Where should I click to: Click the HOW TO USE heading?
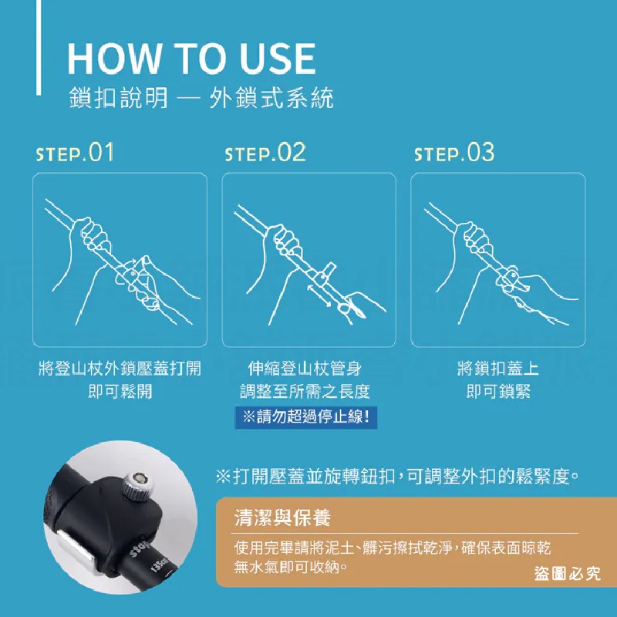(x=191, y=59)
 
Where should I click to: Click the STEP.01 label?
(x=75, y=153)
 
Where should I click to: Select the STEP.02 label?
(x=265, y=153)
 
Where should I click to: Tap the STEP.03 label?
(x=454, y=153)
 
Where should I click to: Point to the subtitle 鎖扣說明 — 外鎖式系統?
(x=201, y=98)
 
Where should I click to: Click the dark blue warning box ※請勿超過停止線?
(x=306, y=417)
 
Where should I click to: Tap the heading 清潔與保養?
(x=282, y=518)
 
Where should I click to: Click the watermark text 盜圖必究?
(x=567, y=573)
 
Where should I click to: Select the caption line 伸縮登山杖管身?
(x=305, y=369)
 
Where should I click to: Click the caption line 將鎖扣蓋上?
(x=497, y=369)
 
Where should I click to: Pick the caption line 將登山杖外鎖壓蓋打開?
(x=120, y=369)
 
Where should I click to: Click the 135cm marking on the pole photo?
(x=160, y=563)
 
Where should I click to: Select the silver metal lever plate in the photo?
(x=76, y=545)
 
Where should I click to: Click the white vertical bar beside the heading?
(x=39, y=47)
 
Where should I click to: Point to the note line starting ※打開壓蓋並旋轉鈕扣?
(x=397, y=477)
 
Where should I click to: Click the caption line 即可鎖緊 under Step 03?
(x=498, y=391)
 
